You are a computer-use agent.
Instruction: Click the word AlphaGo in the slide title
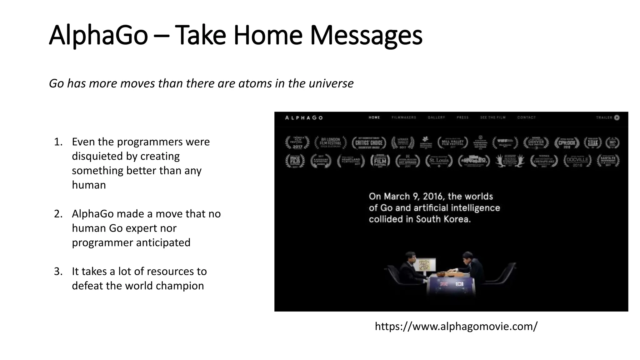coord(98,35)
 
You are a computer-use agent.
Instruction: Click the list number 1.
coord(58,142)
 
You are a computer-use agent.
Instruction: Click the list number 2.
coord(58,214)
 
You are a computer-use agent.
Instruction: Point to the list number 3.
coord(58,271)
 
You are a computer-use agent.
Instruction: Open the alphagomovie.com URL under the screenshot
coord(456,326)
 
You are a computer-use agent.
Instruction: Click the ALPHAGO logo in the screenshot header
coord(304,118)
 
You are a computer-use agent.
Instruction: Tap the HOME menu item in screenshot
coord(374,117)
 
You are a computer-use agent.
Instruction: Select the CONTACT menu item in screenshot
coord(526,117)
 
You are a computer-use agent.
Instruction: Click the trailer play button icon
coord(617,117)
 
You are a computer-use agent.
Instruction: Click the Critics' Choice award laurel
coord(369,143)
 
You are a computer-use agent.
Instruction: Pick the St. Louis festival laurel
coord(439,161)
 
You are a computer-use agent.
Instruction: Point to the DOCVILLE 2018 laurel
coord(577,161)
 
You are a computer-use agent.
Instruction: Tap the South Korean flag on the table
coord(459,284)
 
